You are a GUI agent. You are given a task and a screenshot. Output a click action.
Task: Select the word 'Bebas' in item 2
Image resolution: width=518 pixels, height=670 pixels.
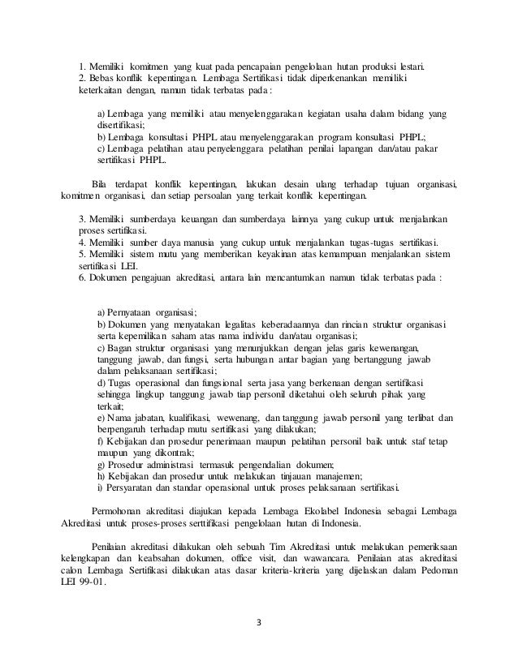tap(101, 78)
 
